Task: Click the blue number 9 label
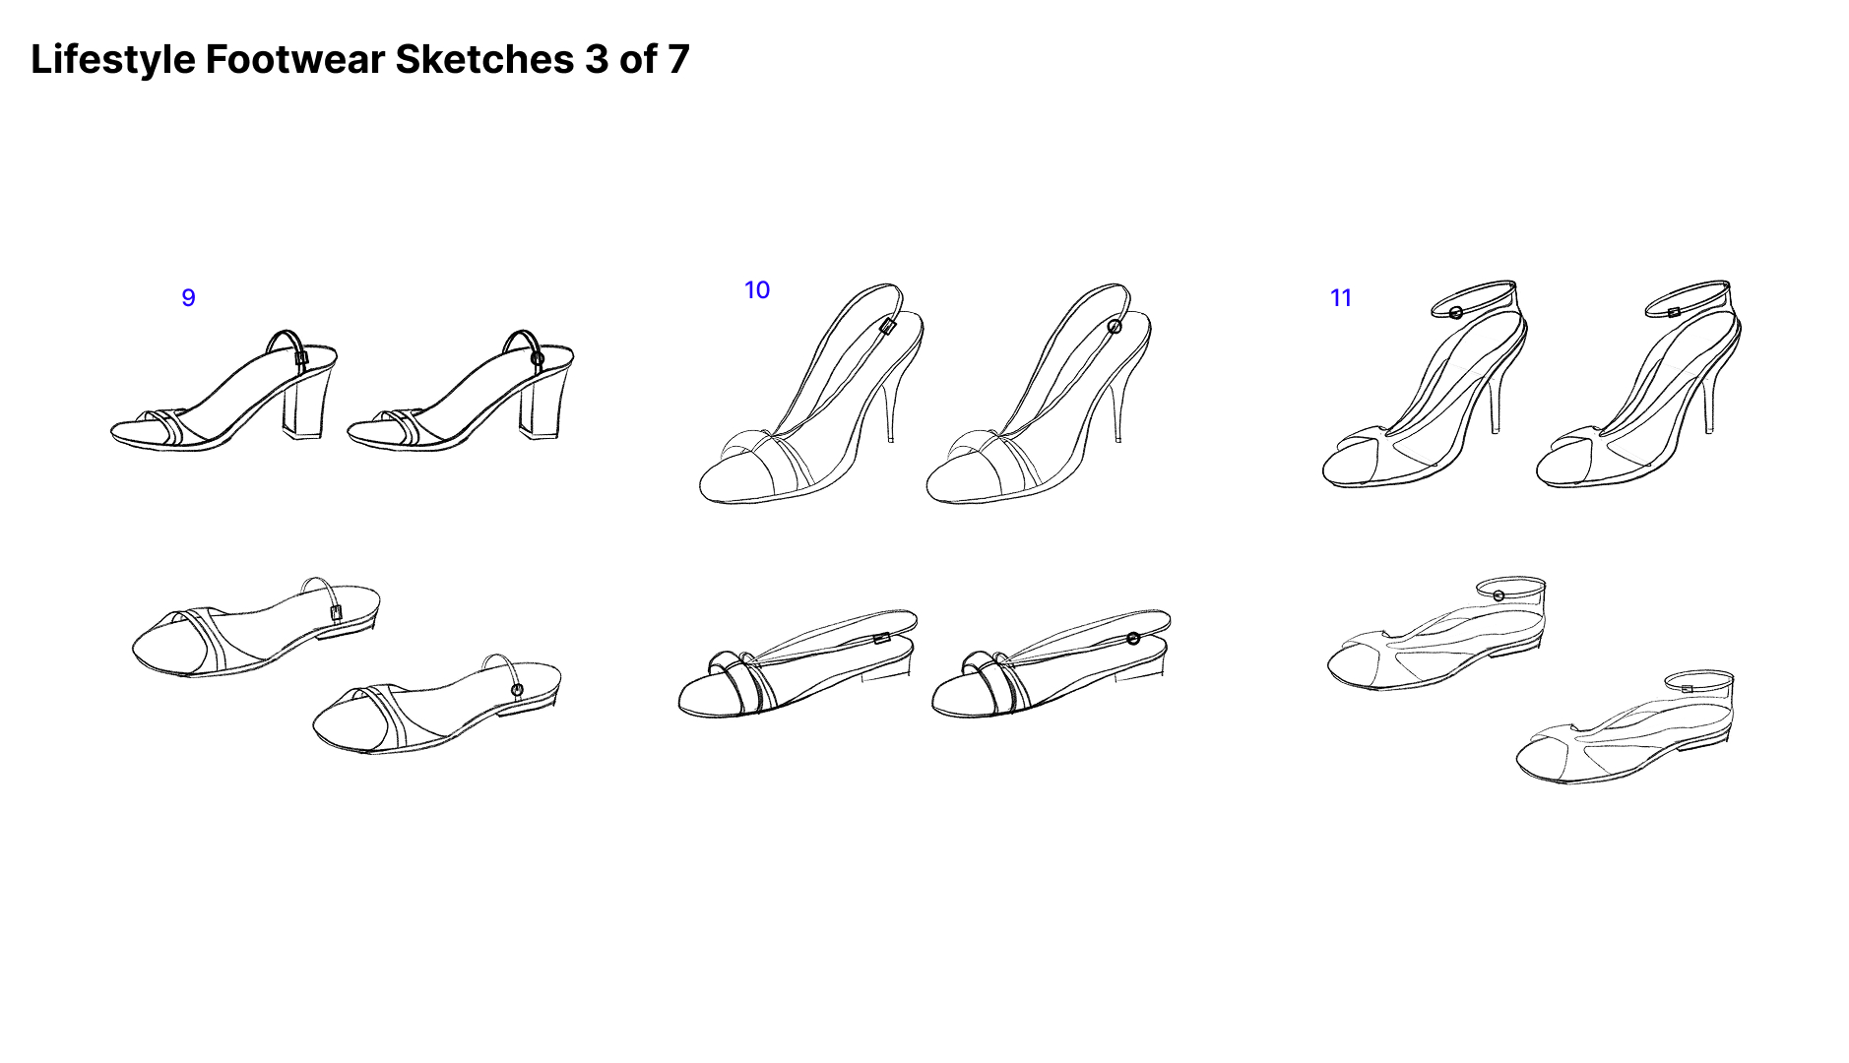[188, 297]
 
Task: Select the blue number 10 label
[756, 290]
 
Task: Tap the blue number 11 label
[1340, 298]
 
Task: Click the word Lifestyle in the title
[113, 60]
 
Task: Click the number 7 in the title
[678, 60]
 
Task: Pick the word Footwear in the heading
[295, 60]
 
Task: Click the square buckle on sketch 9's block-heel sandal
[301, 358]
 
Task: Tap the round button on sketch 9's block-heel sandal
[537, 359]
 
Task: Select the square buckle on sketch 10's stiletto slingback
[888, 327]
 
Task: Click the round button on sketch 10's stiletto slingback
[1115, 327]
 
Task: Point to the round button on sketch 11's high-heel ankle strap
[1456, 313]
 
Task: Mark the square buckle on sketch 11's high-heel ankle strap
[1674, 313]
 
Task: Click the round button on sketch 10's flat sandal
[1133, 639]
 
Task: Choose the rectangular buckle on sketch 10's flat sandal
[882, 638]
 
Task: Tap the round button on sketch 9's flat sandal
[518, 689]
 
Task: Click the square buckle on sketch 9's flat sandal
[336, 612]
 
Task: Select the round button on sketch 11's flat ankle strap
[1498, 595]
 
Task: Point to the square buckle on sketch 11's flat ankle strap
[1687, 689]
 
